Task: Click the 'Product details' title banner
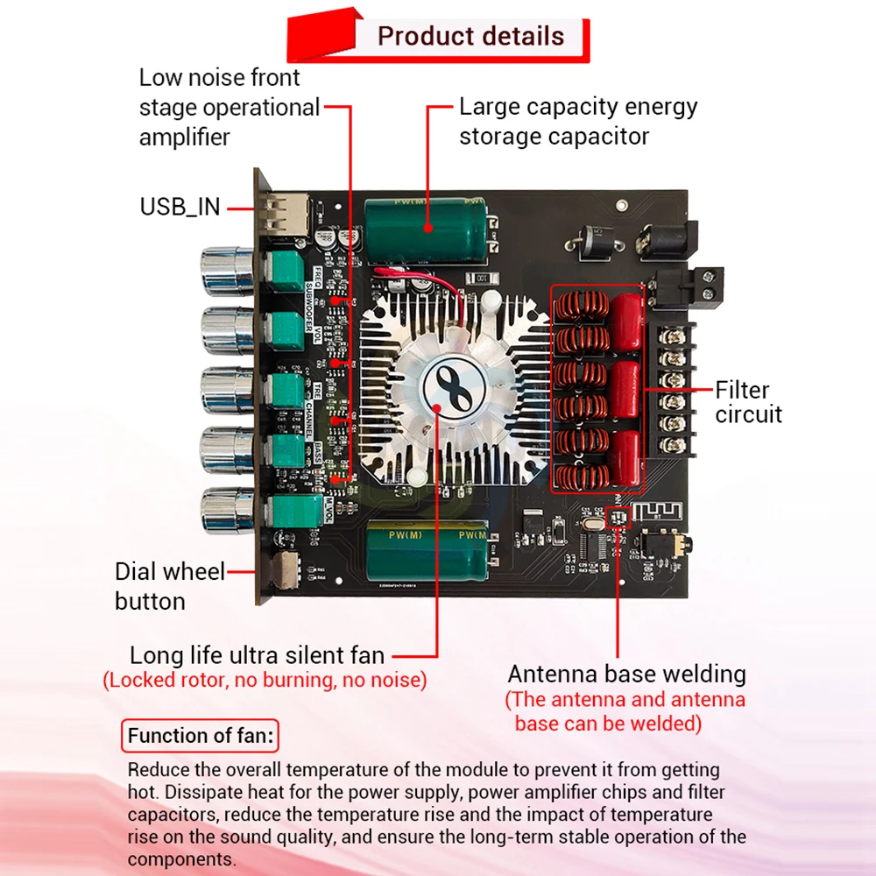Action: click(470, 37)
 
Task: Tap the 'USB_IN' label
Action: click(180, 208)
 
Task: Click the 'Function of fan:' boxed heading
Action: click(201, 736)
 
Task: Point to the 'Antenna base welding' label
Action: click(626, 674)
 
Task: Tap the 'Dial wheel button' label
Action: click(169, 586)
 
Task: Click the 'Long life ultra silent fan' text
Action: click(257, 655)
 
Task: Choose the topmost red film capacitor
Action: click(628, 321)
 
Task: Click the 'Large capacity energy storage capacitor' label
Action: click(578, 122)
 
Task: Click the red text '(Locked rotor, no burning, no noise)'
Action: click(265, 680)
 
